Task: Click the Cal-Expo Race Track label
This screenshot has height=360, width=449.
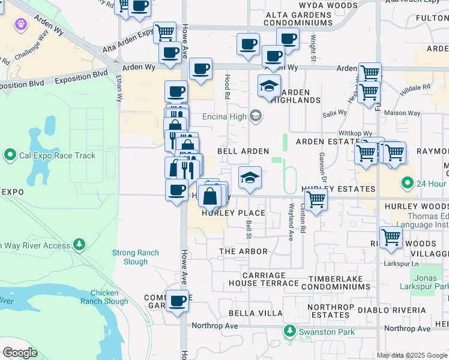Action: pos(57,156)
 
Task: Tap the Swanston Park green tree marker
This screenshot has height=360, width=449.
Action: pos(290,332)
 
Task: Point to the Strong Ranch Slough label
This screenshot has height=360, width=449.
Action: pos(136,257)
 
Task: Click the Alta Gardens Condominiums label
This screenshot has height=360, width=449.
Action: pos(291,19)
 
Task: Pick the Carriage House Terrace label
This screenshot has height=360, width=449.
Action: pos(263,278)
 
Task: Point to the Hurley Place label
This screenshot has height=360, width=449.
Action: pos(234,213)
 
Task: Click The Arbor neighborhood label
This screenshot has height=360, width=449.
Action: pos(240,251)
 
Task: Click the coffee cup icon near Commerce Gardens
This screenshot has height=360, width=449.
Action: pos(177,301)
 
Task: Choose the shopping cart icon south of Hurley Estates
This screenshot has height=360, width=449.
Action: pos(316,200)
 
